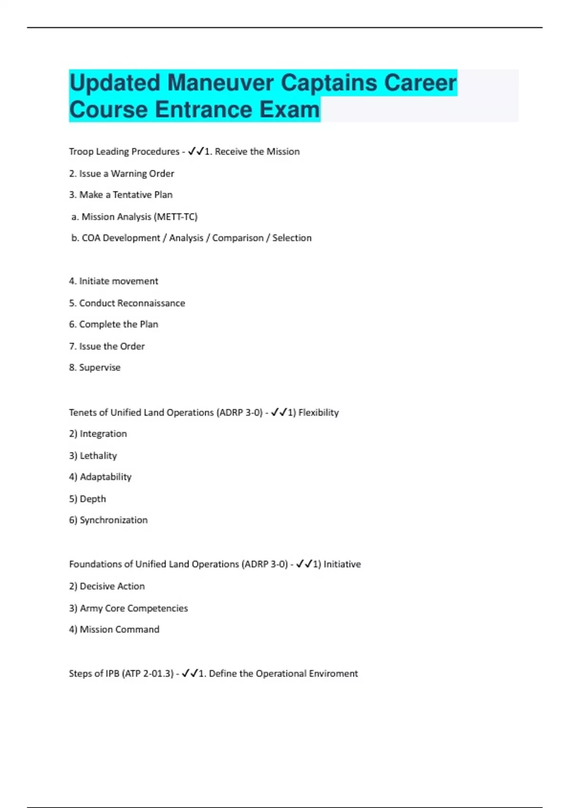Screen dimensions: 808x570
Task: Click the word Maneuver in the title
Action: [221, 83]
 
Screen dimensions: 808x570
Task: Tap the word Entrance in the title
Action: [204, 110]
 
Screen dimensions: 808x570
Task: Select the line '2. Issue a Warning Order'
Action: [122, 173]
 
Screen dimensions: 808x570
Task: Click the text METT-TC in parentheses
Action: [176, 217]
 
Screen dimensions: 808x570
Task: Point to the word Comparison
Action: [237, 238]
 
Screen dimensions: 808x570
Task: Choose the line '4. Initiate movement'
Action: [114, 281]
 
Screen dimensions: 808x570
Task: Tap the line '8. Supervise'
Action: [95, 367]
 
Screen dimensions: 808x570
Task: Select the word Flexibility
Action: [318, 413]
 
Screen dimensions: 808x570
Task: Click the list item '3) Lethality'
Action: [93, 455]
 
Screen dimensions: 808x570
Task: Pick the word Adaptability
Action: [105, 477]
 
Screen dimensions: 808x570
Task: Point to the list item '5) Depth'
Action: [87, 499]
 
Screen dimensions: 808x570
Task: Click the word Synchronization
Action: [114, 520]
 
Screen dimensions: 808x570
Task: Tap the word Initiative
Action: [342, 564]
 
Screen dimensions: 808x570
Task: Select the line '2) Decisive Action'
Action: [107, 586]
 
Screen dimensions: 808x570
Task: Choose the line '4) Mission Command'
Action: [114, 629]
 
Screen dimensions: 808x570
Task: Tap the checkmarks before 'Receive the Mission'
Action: [196, 151]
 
